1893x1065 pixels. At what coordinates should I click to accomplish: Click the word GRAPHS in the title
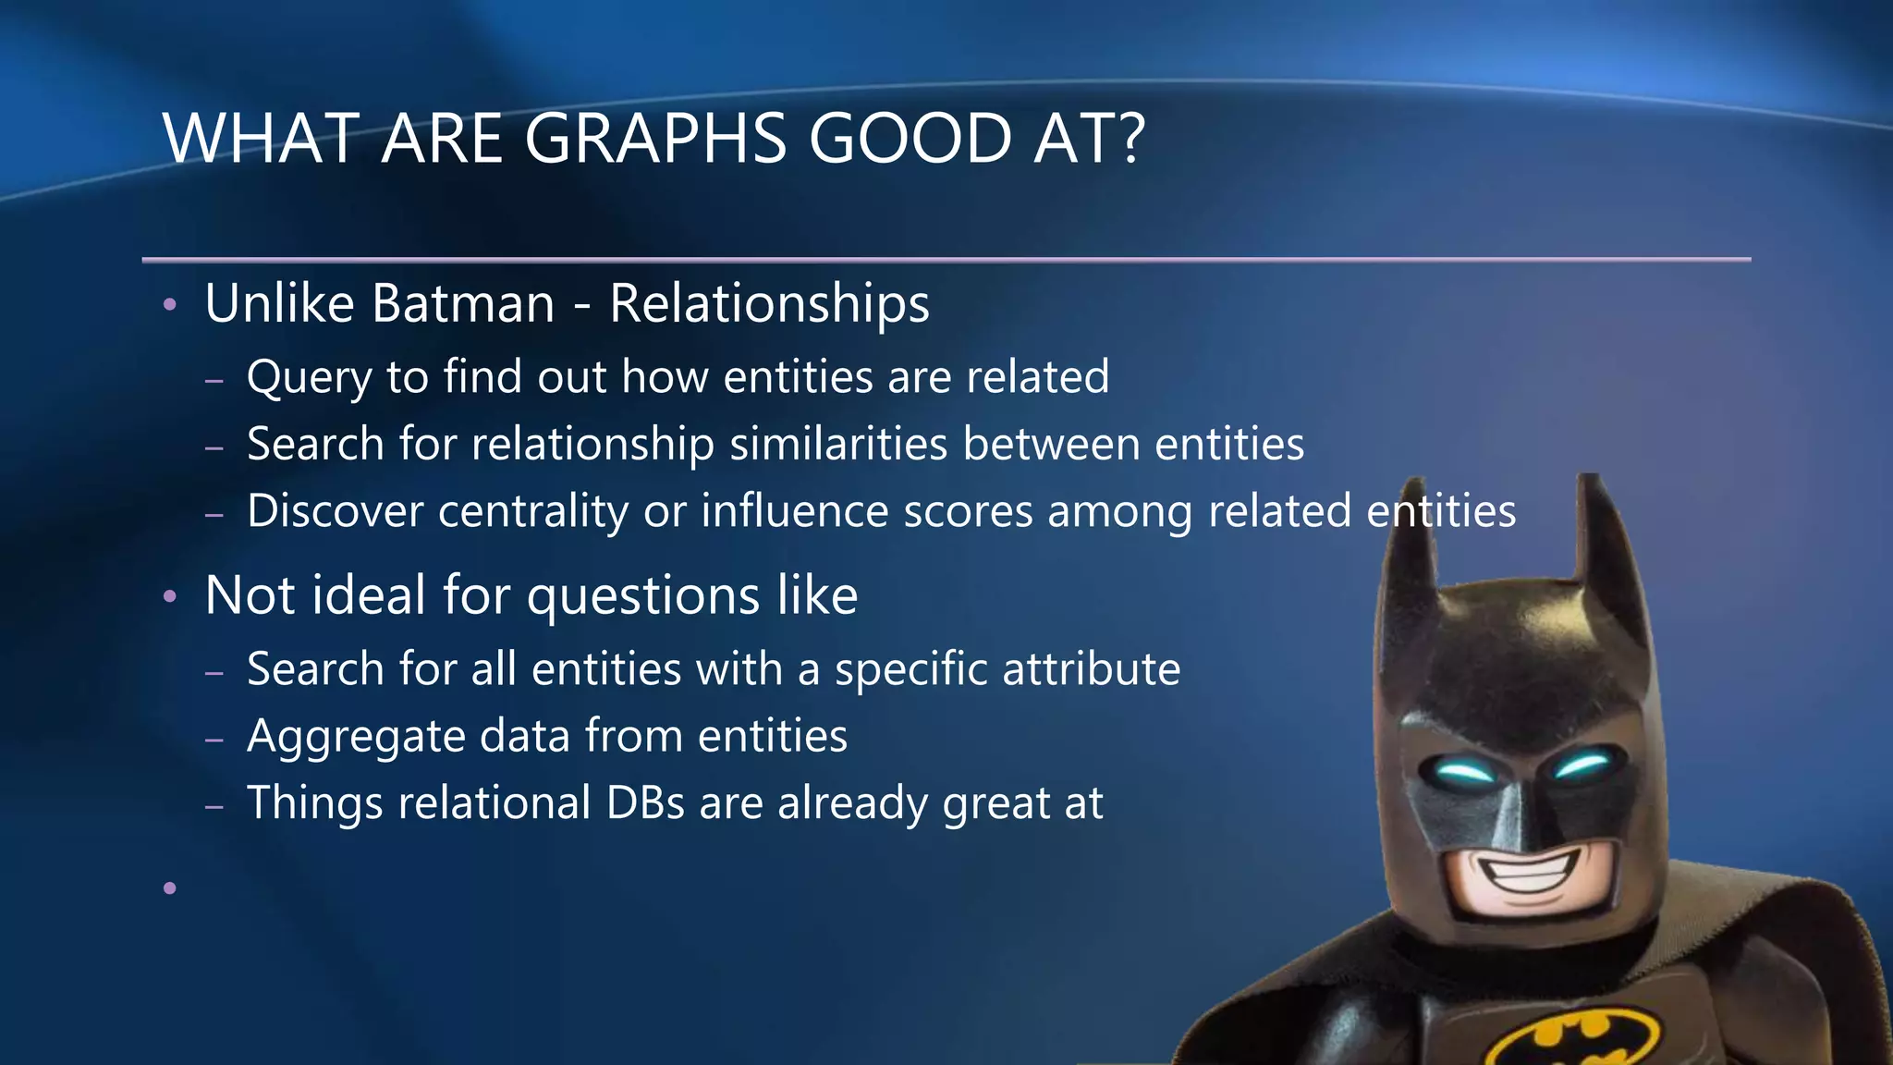656,139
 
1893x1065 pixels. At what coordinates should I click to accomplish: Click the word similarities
838,444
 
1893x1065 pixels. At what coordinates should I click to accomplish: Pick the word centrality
533,511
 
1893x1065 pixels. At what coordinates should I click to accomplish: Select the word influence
794,511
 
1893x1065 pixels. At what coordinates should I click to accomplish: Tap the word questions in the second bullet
642,595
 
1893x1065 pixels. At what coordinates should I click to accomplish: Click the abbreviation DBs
645,802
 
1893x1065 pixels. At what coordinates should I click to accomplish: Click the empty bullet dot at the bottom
169,888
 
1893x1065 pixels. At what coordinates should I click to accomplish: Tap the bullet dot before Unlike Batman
169,304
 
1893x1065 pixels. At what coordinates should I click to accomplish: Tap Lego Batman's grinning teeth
1542,870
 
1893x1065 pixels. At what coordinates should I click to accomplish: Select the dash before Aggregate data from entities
214,740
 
